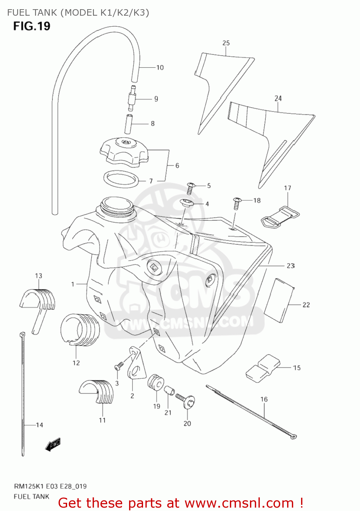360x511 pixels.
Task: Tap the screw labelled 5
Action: click(190, 188)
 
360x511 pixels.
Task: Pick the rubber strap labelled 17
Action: click(280, 217)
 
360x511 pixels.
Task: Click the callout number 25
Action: click(226, 43)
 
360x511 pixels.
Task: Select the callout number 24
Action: click(278, 98)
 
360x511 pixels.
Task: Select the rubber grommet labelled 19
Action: click(156, 382)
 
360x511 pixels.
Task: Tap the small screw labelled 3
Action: click(119, 367)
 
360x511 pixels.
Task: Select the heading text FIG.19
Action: click(32, 26)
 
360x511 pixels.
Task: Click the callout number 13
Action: click(38, 276)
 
